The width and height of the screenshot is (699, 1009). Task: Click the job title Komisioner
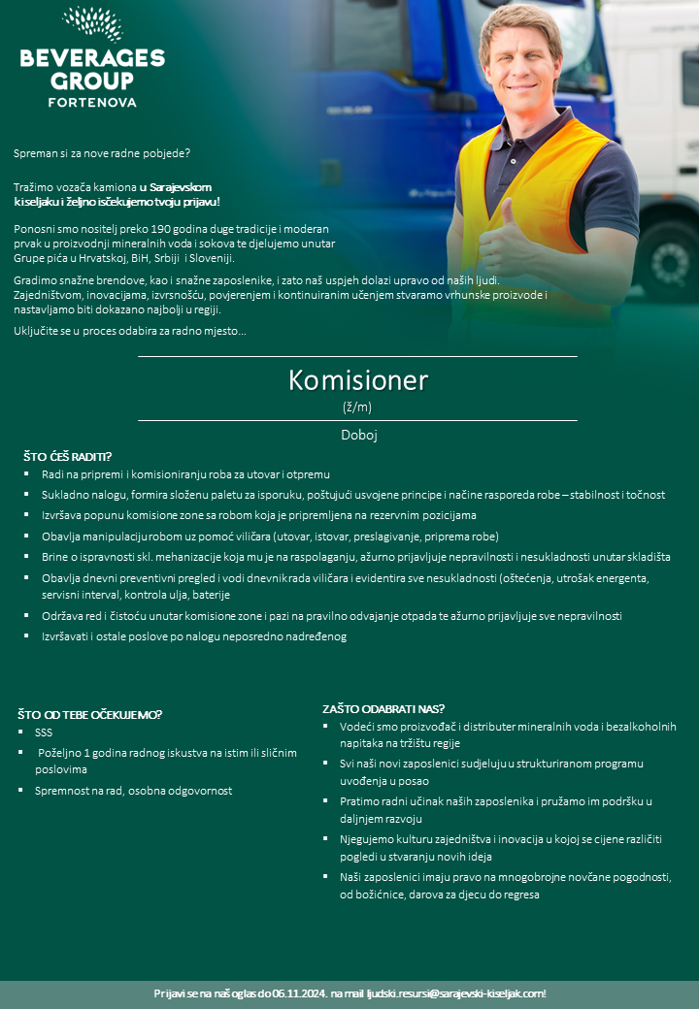coord(357,380)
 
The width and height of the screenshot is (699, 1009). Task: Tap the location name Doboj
coord(358,436)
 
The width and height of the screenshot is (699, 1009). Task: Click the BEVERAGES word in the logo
coord(92,58)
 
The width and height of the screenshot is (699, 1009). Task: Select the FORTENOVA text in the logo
coord(92,101)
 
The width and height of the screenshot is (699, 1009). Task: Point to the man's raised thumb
coord(507,214)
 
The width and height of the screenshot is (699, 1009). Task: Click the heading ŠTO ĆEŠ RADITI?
coord(68,456)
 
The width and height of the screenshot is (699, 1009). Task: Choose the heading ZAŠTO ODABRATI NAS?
coord(383,708)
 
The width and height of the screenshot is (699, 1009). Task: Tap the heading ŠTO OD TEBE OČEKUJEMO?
coord(89,715)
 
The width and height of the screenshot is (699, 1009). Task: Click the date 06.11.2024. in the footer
coord(299,993)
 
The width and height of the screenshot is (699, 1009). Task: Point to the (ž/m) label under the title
coord(357,407)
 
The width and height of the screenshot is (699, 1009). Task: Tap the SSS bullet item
coord(43,732)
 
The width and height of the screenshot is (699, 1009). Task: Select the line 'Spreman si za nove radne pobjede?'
coord(102,153)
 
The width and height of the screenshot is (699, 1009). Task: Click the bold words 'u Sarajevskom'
coord(176,186)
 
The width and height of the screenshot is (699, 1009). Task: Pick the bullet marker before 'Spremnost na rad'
coord(23,791)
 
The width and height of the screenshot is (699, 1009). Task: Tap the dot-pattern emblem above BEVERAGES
coord(92,23)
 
